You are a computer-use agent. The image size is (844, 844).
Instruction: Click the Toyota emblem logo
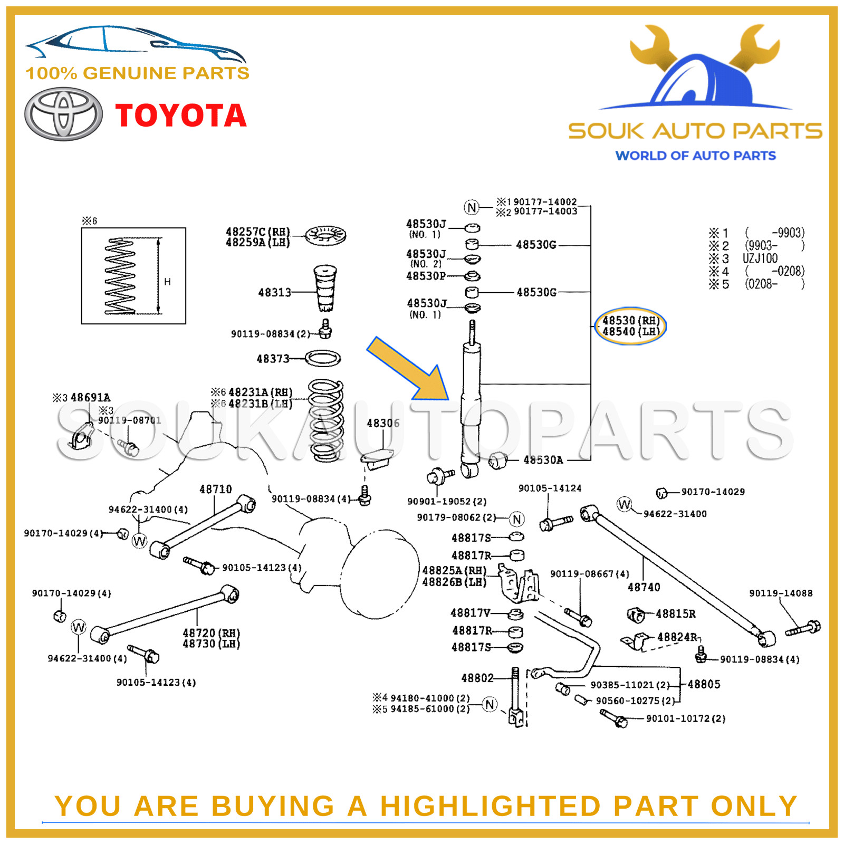(63, 114)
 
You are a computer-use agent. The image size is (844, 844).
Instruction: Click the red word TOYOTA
(181, 116)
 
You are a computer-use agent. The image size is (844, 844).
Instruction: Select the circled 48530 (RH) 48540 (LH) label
(630, 326)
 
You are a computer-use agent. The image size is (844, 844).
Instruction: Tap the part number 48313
(274, 292)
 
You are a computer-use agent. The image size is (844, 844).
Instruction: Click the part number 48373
(273, 359)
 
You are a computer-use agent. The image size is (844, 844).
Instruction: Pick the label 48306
(383, 423)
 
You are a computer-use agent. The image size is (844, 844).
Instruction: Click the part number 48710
(215, 490)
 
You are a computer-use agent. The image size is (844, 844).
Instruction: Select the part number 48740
(644, 587)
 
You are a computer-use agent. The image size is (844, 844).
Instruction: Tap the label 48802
(477, 678)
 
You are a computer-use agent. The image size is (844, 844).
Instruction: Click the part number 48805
(704, 684)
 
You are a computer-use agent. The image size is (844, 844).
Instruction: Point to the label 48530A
(543, 460)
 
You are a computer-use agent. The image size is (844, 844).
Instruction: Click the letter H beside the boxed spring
(167, 282)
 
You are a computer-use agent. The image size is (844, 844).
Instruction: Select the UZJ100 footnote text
(760, 258)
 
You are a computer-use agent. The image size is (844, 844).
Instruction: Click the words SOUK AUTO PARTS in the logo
(695, 131)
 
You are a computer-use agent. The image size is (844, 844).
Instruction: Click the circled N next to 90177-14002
(472, 207)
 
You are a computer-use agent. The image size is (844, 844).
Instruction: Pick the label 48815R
(675, 614)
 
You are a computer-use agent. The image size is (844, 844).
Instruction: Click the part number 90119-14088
(781, 593)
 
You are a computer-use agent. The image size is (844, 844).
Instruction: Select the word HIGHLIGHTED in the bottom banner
(490, 806)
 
